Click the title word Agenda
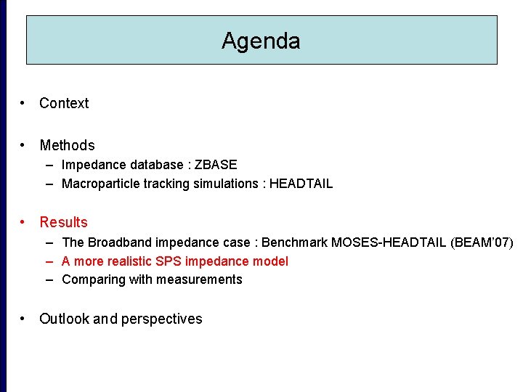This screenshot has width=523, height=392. [261, 41]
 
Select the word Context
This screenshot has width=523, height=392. [64, 103]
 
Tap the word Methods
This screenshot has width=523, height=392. [67, 145]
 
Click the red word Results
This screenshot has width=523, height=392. [63, 222]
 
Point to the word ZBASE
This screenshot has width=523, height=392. [216, 165]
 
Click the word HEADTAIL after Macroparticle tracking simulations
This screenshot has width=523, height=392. [301, 184]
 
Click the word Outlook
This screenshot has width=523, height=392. [64, 319]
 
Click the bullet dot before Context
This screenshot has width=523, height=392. [25, 103]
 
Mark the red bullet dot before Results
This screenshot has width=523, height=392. [25, 222]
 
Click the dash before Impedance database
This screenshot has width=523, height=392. [49, 165]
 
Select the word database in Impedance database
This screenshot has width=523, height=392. [150, 165]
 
